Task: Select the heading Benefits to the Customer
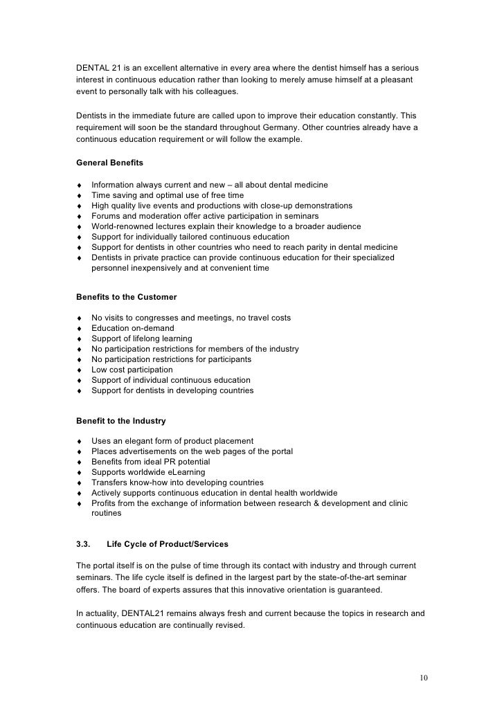coord(125,296)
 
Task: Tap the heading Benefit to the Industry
coord(120,420)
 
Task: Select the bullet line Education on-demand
coord(133,328)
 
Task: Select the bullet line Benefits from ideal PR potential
coord(150,462)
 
